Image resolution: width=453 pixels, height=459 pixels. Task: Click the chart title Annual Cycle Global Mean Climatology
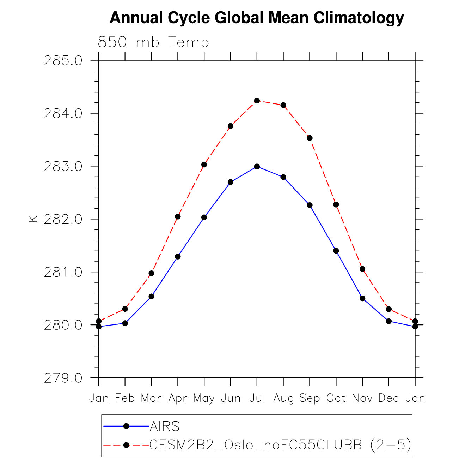point(257,18)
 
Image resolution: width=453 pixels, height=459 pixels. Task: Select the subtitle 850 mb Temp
point(153,42)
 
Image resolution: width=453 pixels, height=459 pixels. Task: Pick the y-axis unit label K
point(33,219)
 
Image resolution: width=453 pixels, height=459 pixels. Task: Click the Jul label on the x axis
point(257,398)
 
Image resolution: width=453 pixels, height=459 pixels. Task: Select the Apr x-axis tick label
point(178,398)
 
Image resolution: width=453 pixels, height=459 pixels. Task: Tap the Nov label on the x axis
point(362,398)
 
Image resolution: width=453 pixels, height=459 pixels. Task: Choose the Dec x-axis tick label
point(389,398)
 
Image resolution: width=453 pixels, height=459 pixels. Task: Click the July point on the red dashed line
point(257,101)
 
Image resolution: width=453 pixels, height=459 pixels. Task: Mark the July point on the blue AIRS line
point(257,166)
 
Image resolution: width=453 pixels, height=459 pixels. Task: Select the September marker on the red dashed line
point(310,138)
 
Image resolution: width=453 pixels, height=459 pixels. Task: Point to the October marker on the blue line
point(336,251)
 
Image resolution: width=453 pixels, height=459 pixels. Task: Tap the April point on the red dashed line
point(178,216)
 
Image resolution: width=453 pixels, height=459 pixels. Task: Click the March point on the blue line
point(151,296)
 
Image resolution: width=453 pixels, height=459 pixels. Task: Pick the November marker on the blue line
point(362,298)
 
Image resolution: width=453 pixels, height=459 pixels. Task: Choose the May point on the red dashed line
point(204,165)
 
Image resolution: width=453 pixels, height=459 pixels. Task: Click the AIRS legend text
point(165,427)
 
